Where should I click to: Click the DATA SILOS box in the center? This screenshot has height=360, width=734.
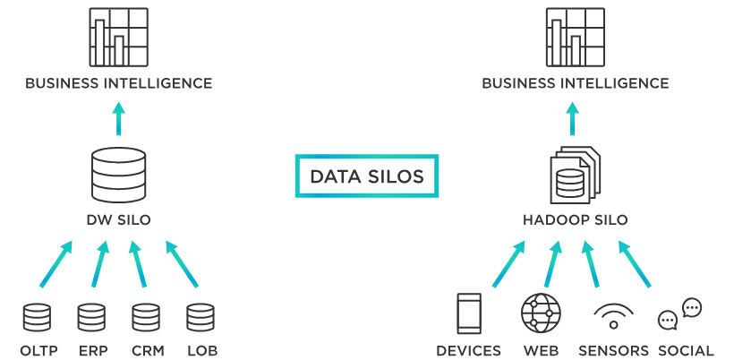(367, 176)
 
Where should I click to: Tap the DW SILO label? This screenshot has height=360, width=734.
(119, 220)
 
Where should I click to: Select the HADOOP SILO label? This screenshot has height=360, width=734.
(576, 220)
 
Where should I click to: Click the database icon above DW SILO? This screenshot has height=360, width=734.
(118, 176)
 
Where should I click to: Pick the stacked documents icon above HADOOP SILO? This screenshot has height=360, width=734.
(573, 175)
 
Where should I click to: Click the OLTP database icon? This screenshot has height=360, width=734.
(37, 318)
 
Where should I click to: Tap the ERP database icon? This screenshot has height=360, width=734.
(91, 318)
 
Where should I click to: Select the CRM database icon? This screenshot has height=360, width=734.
(146, 318)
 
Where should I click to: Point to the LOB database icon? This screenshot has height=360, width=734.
(201, 318)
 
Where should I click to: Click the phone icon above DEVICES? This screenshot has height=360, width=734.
(469, 314)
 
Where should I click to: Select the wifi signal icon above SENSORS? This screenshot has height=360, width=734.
(613, 316)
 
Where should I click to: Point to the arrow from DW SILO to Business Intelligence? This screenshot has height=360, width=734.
(118, 117)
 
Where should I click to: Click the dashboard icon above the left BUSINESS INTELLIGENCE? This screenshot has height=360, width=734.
(118, 37)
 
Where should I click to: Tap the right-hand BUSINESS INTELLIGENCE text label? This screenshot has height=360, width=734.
(576, 83)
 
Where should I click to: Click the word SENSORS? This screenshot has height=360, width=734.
(613, 350)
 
